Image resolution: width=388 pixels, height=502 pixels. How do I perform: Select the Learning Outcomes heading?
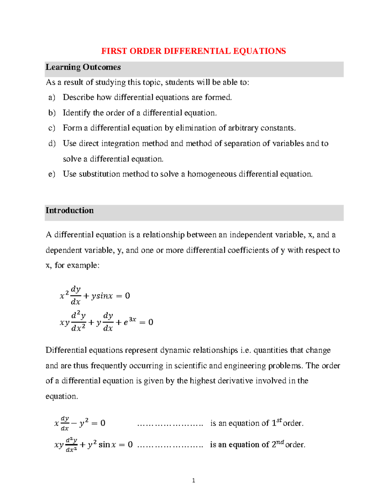click(83, 67)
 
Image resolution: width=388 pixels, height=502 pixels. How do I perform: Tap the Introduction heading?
click(70, 210)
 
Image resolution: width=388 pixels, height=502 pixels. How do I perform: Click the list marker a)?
click(52, 97)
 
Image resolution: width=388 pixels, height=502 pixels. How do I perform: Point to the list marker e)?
click(52, 174)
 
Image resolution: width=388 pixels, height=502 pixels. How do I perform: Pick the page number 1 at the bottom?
click(193, 480)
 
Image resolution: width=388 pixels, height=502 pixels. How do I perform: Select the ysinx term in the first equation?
click(102, 296)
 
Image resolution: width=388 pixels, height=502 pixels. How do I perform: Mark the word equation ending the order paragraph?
click(61, 396)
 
